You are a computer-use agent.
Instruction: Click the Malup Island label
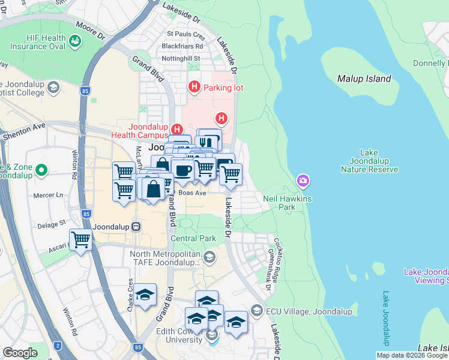coord(364,79)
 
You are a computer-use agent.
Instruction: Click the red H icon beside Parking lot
coord(194,88)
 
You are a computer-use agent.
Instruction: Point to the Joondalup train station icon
coord(136,226)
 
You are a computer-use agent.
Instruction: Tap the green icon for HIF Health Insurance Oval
coord(76,41)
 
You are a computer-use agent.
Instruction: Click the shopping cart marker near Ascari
coord(80,241)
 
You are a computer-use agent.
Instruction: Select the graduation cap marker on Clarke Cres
coord(145,295)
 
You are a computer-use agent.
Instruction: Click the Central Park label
coord(193,238)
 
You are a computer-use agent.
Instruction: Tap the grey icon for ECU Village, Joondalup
coord(257,310)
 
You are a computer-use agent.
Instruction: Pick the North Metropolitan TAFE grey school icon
coord(209,258)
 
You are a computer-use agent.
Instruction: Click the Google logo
coord(20,352)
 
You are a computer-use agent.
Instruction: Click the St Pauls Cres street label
coord(185,34)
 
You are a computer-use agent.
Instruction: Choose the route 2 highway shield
coord(58,346)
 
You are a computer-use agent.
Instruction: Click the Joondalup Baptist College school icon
coord(53,88)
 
